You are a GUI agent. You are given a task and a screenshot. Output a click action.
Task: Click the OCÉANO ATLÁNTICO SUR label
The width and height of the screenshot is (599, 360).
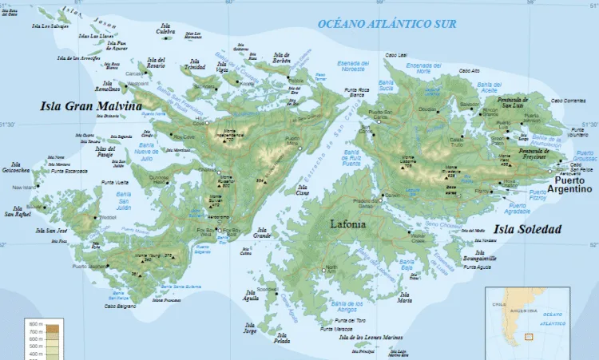coord(387,24)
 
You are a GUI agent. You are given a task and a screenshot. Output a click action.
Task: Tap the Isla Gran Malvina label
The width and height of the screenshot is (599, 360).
coord(90,106)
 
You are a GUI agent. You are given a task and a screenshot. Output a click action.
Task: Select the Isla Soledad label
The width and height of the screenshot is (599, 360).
coord(526,229)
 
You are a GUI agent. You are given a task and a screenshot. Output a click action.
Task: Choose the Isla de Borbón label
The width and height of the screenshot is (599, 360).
coord(281,58)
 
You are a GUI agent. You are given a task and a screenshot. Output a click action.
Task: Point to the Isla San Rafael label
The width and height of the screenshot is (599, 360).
coord(18,212)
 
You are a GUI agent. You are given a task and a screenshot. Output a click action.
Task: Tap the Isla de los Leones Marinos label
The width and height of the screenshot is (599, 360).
coord(370,338)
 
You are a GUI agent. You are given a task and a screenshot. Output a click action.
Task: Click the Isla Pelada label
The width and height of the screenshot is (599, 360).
coord(280,338)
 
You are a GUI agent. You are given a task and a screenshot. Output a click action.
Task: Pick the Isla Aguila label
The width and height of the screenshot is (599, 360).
coord(251,295)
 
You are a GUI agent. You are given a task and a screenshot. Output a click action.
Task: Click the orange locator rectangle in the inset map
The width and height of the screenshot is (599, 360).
coord(528,337)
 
